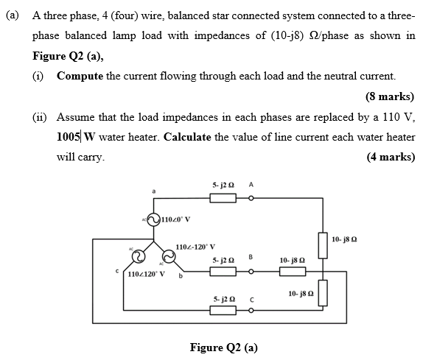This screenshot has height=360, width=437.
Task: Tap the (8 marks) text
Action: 389,96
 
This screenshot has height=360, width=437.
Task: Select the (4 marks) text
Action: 389,157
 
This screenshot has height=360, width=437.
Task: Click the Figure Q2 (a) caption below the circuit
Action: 223,347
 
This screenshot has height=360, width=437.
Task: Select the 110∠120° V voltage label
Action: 147,275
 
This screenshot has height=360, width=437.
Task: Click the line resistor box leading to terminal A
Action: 223,198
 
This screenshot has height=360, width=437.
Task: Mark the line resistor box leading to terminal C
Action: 223,312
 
